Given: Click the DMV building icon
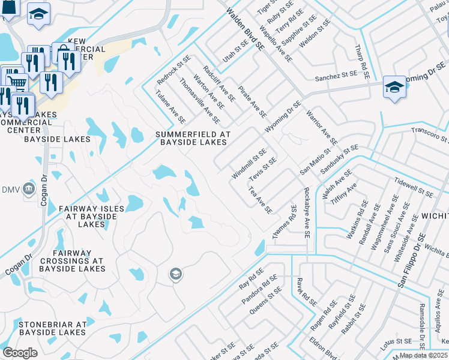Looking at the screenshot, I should pos(28,189).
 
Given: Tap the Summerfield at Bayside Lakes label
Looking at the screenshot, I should pos(192,138).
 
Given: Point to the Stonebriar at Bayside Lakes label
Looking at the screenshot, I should pos(53,328).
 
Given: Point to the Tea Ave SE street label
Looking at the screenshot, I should pos(261,199).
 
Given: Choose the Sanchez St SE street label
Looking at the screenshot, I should pos(336,77).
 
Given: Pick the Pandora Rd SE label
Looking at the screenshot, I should pos(259,289).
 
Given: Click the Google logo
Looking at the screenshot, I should pos(20,353).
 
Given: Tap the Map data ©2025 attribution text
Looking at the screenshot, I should pos(424,355).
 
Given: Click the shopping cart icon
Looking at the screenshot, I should pos(16,82).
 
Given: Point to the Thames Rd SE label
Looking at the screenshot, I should pos(285,223).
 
